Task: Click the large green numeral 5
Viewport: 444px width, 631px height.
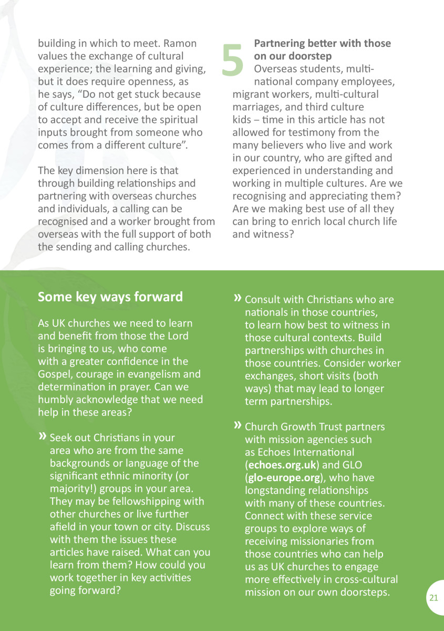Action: [x=233, y=59]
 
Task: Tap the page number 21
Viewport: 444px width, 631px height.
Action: [x=433, y=598]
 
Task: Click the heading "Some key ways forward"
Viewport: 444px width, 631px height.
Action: [x=110, y=297]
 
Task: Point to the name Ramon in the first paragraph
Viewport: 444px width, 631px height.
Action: [x=179, y=43]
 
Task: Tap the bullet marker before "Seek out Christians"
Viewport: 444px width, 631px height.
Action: [x=43, y=437]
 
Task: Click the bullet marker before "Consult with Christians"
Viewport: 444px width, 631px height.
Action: [x=238, y=299]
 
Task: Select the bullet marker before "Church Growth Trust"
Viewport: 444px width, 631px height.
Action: [x=238, y=425]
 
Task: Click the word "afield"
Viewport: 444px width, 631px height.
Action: [x=64, y=527]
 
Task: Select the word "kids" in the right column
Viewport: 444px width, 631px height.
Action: [x=242, y=119]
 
